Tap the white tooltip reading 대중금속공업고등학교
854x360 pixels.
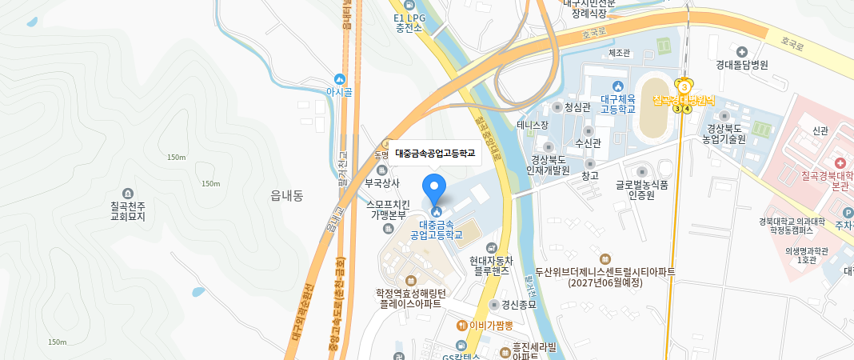tap(435, 153)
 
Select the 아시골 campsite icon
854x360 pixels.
tap(340, 79)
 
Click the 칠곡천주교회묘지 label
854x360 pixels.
tap(128, 210)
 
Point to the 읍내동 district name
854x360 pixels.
tap(286, 194)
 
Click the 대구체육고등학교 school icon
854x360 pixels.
tap(617, 86)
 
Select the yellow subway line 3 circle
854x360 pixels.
tap(684, 86)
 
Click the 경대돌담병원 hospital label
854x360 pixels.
tap(741, 66)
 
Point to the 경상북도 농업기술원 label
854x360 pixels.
tap(724, 133)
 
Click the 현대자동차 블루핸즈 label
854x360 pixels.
tap(490, 266)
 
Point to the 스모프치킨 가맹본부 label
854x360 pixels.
tap(388, 210)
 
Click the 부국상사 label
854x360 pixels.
tap(382, 182)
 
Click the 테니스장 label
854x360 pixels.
tap(533, 126)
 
